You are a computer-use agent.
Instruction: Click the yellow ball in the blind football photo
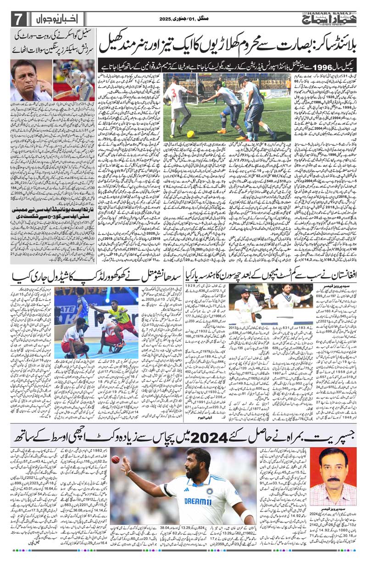tap(190, 134)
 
